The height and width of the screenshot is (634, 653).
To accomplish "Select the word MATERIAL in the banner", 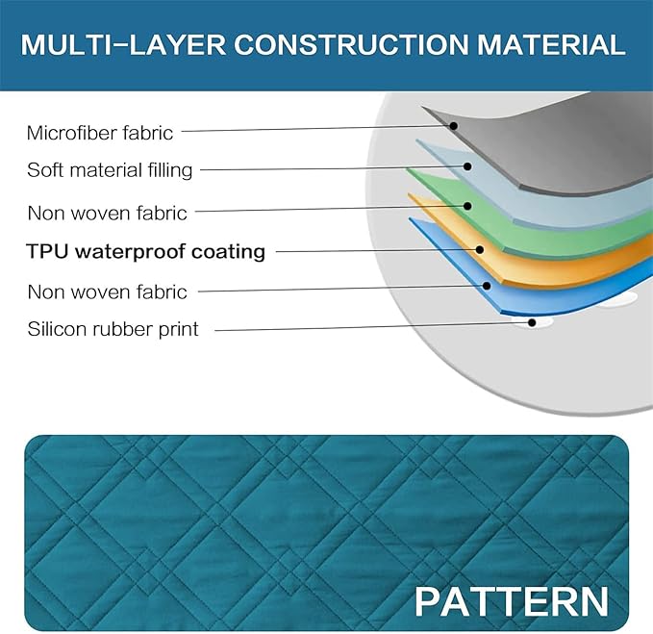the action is pyautogui.click(x=551, y=44).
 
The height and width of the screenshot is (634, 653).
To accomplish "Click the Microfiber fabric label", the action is pyautogui.click(x=99, y=134).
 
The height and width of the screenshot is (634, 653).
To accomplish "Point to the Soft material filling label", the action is pyautogui.click(x=110, y=171).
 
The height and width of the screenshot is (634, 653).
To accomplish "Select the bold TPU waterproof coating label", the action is pyautogui.click(x=146, y=251).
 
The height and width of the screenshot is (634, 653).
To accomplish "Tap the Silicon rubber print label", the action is pyautogui.click(x=113, y=329).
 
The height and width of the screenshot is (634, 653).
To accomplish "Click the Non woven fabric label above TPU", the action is pyautogui.click(x=107, y=213).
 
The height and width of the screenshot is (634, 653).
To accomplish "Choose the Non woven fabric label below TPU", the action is pyautogui.click(x=107, y=292).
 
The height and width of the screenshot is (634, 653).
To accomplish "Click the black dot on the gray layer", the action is pyautogui.click(x=454, y=126).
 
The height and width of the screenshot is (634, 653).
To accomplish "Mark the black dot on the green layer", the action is pyautogui.click(x=467, y=206).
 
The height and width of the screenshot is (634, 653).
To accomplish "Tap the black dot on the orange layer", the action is pyautogui.click(x=480, y=249).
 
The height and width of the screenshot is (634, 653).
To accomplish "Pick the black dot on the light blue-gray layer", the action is pyautogui.click(x=467, y=166).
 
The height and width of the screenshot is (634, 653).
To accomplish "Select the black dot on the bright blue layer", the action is pyautogui.click(x=487, y=286).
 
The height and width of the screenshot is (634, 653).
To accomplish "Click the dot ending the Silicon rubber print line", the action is pyautogui.click(x=532, y=322).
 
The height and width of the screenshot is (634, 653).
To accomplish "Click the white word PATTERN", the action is pyautogui.click(x=512, y=601).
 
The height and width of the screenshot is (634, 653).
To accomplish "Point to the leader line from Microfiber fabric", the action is pyautogui.click(x=316, y=129).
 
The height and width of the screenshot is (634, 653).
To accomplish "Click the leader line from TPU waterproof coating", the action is pyautogui.click(x=376, y=250).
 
